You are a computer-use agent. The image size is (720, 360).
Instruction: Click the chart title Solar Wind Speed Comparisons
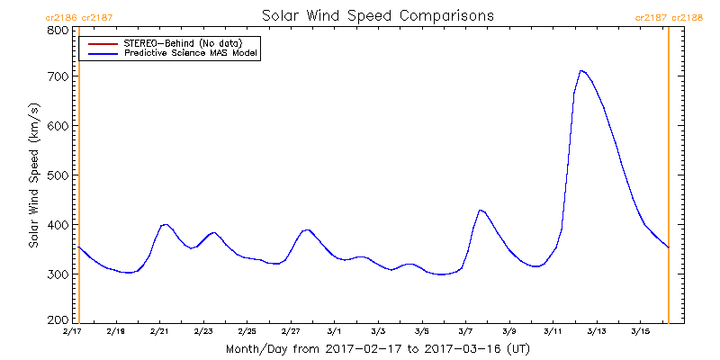[x=378, y=16]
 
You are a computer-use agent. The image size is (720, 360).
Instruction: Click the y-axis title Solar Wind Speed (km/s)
[x=33, y=175]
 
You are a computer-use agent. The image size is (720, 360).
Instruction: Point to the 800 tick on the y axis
[x=57, y=30]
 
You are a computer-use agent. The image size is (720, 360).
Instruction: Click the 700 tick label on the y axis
[x=57, y=76]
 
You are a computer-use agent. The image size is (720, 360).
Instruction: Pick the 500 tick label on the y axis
[x=57, y=175]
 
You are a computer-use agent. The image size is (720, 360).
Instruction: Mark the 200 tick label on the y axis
[x=57, y=319]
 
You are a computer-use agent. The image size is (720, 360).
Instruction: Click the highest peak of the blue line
[x=581, y=70]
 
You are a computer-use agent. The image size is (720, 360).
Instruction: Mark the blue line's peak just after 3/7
[x=481, y=210]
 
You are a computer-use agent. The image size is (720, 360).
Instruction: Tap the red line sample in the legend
[x=100, y=43]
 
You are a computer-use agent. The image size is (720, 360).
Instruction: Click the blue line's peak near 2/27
[x=308, y=229]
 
